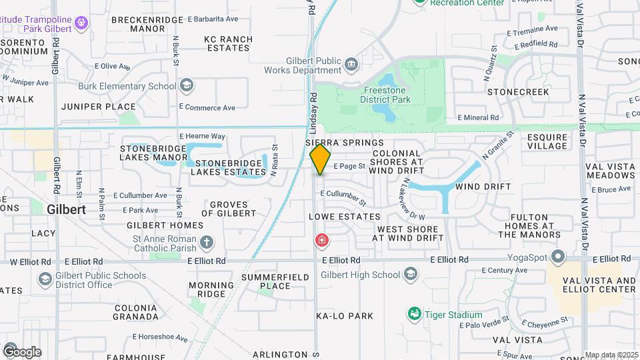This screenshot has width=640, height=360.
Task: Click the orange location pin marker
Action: click(321, 159)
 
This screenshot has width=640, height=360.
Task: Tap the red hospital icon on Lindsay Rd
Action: click(322, 239)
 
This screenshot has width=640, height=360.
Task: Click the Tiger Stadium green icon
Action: click(414, 313)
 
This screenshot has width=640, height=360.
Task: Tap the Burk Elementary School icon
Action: click(188, 85)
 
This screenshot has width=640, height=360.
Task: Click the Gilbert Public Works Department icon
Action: click(351, 65)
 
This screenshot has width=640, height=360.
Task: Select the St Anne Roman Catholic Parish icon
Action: click(207, 241)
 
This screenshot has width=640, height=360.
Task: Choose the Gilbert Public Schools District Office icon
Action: click(45, 279)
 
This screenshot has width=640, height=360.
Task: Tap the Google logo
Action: click(21, 351)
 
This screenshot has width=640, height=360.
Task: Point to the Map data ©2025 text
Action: click(611, 355)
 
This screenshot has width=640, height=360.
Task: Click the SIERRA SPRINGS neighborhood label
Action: click(345, 143)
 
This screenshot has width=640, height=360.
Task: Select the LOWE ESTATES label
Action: click(345, 217)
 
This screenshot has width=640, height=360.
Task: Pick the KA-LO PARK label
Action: click(345, 315)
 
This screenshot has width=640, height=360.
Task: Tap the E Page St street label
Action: click(349, 166)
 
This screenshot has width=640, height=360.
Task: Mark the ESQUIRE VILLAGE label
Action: click(547, 141)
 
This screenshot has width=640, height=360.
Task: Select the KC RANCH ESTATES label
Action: click(229, 43)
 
